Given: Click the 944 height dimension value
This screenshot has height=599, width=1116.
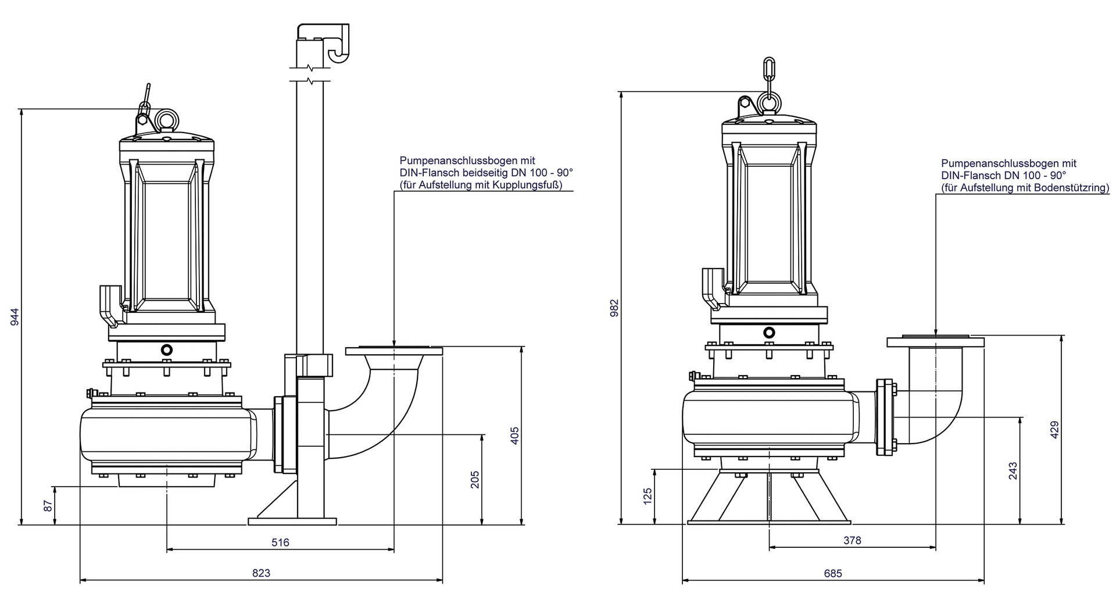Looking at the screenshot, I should pos(16,316).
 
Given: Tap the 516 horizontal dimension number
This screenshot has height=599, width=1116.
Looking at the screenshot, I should pos(280,542).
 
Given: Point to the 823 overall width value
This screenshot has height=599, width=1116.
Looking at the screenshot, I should pos(261,573).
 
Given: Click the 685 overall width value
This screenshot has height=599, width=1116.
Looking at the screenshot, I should pos(833,573).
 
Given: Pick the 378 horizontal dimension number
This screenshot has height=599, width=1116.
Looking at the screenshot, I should pos(852,540).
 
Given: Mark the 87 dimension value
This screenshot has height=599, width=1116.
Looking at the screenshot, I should pos(49,505).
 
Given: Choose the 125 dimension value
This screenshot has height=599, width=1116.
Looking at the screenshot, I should pos(649,496).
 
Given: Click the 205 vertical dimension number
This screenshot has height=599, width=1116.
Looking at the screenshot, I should pos(475,479).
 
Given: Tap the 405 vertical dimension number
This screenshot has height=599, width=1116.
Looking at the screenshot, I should pos(514,436).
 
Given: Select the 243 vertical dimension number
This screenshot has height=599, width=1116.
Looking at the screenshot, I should pos(1013,471).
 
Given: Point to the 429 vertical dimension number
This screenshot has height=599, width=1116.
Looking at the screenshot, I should pos(1055,429).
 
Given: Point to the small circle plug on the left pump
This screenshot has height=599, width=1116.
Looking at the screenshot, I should pos(167,350).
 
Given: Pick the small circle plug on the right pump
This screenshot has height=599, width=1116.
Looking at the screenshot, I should pos(769,332).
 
